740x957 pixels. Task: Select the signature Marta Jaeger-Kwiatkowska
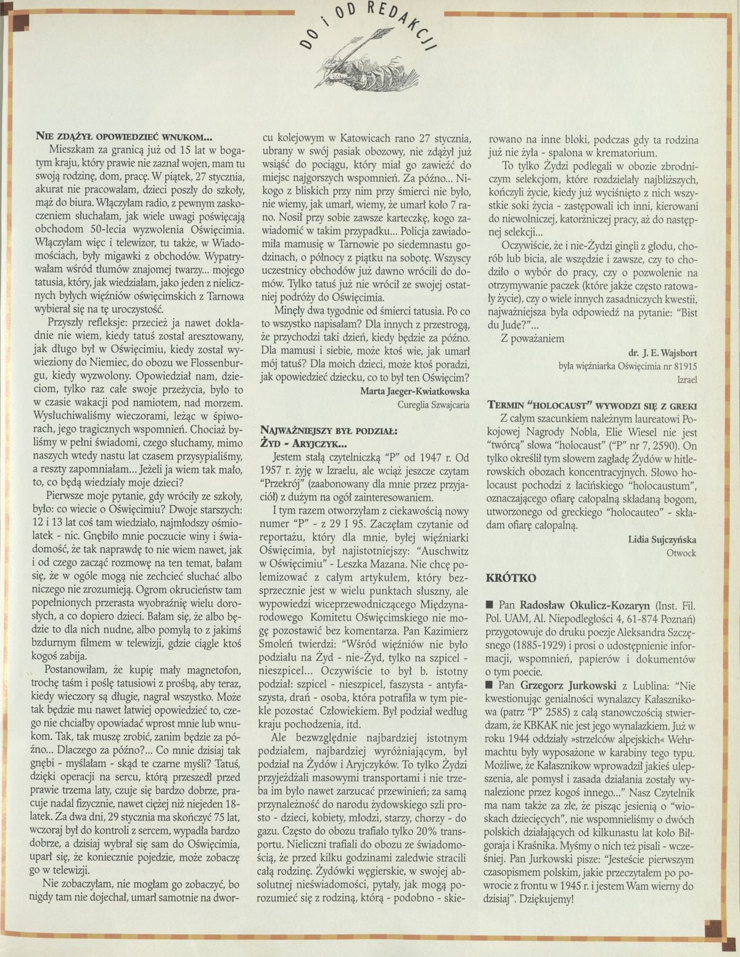(x=416, y=391)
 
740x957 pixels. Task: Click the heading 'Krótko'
(x=511, y=578)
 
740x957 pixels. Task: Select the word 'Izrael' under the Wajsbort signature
(x=686, y=380)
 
